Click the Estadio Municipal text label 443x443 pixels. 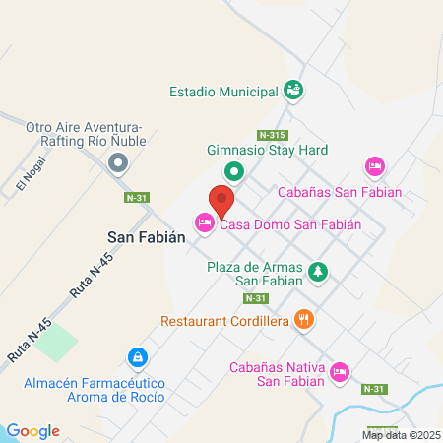coord(222,92)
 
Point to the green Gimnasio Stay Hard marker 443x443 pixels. coord(234,173)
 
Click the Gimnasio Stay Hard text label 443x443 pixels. coord(267,151)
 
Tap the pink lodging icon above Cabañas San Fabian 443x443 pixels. coord(373,166)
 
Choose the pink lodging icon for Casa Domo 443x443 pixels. coord(205,224)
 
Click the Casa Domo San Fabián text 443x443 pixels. coord(290,224)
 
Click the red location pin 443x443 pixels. coord(221,203)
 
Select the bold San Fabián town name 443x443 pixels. coord(140,237)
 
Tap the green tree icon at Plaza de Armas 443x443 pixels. coord(317,271)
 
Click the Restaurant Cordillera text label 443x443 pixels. coord(224,321)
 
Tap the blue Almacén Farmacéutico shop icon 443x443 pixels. coord(139,355)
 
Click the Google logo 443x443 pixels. coord(32,430)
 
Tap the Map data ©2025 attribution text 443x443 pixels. coord(399,434)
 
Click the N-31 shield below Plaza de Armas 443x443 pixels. coord(255,297)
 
